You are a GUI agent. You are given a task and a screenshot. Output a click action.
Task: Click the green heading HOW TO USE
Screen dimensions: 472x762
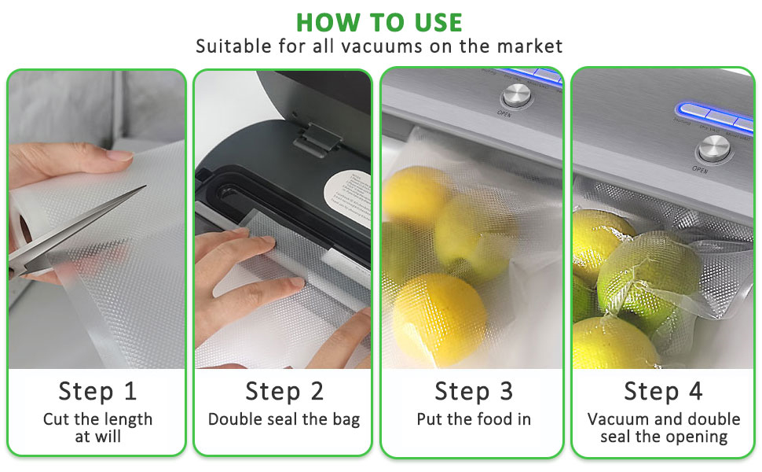pos(380,21)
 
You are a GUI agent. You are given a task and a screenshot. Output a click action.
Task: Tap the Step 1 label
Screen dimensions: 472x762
pos(97,390)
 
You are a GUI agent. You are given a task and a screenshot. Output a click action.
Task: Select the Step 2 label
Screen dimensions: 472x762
pos(284,390)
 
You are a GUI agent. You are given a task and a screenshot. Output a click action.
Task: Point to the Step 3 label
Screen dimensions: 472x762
pos(473,390)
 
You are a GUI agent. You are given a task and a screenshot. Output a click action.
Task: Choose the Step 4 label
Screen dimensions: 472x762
pos(663,390)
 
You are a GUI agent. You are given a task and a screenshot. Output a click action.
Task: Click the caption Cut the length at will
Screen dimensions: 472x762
pos(97,427)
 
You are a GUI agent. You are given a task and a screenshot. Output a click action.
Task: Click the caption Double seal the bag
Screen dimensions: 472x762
pos(284,419)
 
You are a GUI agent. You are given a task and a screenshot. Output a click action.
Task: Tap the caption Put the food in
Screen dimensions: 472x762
pos(473,419)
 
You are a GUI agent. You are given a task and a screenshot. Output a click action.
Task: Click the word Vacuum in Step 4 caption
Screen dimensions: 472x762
pos(617,419)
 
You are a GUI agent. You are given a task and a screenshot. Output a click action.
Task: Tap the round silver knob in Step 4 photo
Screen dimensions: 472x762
pos(715,149)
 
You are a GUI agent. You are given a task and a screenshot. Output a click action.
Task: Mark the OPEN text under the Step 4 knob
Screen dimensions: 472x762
pos(700,169)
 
